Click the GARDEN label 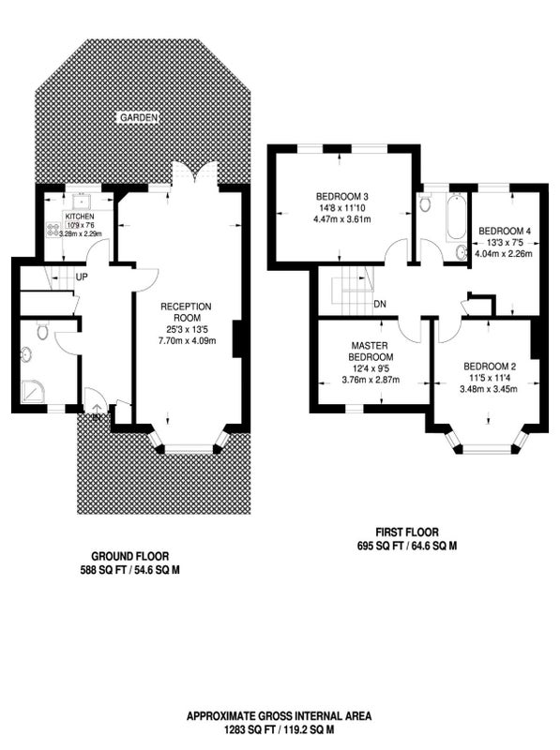[x=138, y=117]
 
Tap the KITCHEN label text [x=80, y=217]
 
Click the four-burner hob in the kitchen [x=52, y=229]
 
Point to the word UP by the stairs [x=82, y=277]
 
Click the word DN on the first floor [x=380, y=304]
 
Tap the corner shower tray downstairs [x=32, y=394]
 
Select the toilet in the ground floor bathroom [x=42, y=330]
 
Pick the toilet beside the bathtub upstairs [x=424, y=202]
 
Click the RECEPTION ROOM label [x=186, y=312]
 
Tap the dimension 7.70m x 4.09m [x=187, y=341]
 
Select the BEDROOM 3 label [x=341, y=197]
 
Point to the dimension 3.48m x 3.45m [x=488, y=389]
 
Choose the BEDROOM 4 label [x=504, y=231]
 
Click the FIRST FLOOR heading [x=407, y=532]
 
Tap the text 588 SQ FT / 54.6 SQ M [x=129, y=570]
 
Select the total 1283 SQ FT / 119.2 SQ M [x=279, y=730]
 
